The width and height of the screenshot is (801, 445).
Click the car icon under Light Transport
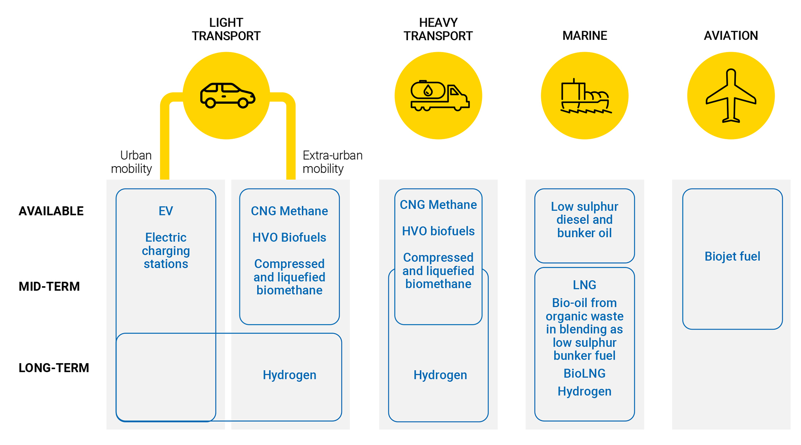[x=227, y=96]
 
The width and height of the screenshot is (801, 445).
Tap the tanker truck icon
[x=439, y=96]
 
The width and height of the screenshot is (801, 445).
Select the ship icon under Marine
[x=585, y=96]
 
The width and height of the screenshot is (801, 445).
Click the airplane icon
[x=731, y=96]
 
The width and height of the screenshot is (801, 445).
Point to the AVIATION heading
[x=731, y=36]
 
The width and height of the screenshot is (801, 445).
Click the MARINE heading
[x=585, y=36]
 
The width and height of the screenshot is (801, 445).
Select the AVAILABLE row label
[x=51, y=211]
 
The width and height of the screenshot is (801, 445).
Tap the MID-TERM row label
[x=49, y=287]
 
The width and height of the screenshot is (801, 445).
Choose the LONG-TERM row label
[x=54, y=368]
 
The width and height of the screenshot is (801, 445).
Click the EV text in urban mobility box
[x=166, y=211]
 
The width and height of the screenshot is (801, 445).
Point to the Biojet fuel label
[x=732, y=257]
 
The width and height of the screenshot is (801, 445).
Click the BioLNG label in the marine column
[x=585, y=374]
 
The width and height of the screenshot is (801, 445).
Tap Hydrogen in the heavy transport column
[x=440, y=375]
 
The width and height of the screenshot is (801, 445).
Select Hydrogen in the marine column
[x=585, y=392]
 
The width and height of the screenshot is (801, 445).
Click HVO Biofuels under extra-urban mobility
[x=289, y=238]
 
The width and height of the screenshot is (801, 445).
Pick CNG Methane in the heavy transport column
[x=438, y=205]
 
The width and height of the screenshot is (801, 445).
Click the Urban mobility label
[x=131, y=162]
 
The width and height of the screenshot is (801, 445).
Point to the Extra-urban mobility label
[x=332, y=162]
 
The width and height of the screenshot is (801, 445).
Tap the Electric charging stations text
[x=166, y=251]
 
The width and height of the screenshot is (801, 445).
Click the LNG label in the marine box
[x=585, y=285]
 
